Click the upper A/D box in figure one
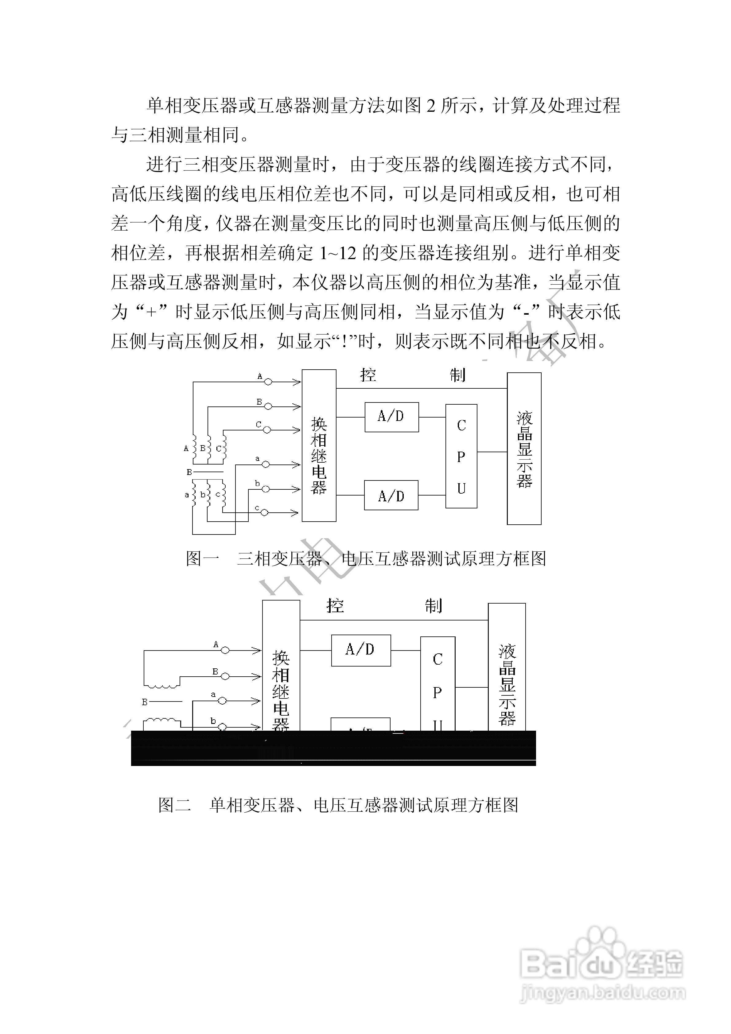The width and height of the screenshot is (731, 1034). pyautogui.click(x=391, y=417)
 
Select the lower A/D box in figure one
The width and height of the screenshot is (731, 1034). pyautogui.click(x=391, y=495)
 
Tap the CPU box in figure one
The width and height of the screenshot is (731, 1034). pyautogui.click(x=461, y=456)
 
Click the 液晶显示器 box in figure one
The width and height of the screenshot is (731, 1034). pyautogui.click(x=524, y=449)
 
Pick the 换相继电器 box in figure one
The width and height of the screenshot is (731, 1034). pyautogui.click(x=319, y=445)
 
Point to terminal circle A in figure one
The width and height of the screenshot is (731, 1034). pyautogui.click(x=268, y=382)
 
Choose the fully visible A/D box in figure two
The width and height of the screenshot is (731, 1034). pyautogui.click(x=361, y=650)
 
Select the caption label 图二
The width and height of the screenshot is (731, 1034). pyautogui.click(x=175, y=805)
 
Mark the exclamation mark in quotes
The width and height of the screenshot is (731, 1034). pyautogui.click(x=345, y=342)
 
